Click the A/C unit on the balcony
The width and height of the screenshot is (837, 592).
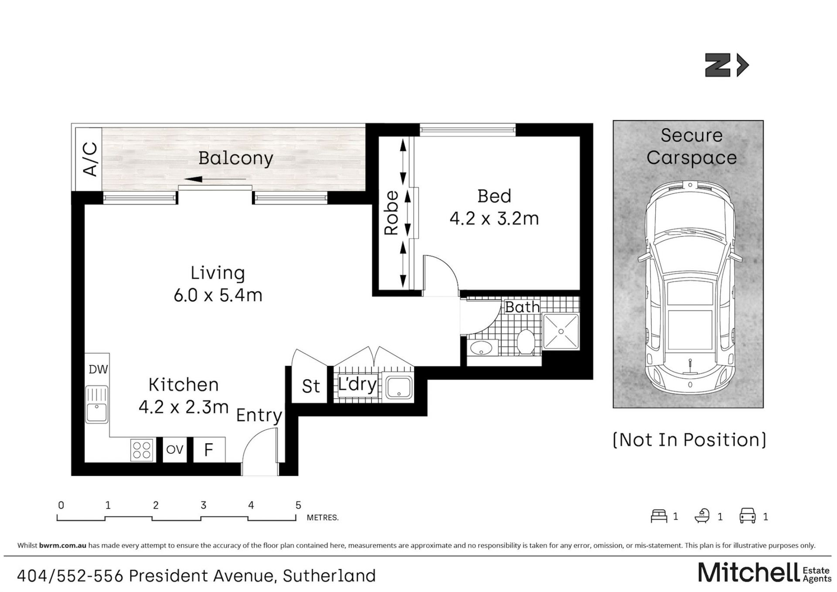point(89,159)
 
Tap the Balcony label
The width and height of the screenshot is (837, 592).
point(235,158)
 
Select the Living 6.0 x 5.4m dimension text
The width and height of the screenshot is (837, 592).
point(218,295)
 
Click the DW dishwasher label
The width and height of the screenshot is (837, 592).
point(98,370)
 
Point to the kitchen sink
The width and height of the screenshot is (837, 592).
point(97,404)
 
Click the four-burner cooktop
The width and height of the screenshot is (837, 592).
point(142,450)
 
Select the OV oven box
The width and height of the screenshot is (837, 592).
point(175,449)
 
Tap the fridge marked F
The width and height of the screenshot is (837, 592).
point(209,449)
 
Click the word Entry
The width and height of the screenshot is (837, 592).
point(259,416)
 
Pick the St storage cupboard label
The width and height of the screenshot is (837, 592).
point(311,387)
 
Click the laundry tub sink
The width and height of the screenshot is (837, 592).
point(398,387)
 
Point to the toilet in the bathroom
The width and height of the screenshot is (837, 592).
point(526,342)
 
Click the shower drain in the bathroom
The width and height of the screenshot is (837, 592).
point(561,332)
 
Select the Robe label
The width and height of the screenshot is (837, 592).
point(391,213)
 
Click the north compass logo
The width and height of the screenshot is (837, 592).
point(727,65)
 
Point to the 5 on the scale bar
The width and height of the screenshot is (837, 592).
point(298,505)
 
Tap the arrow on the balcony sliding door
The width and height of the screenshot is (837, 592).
point(215,179)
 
